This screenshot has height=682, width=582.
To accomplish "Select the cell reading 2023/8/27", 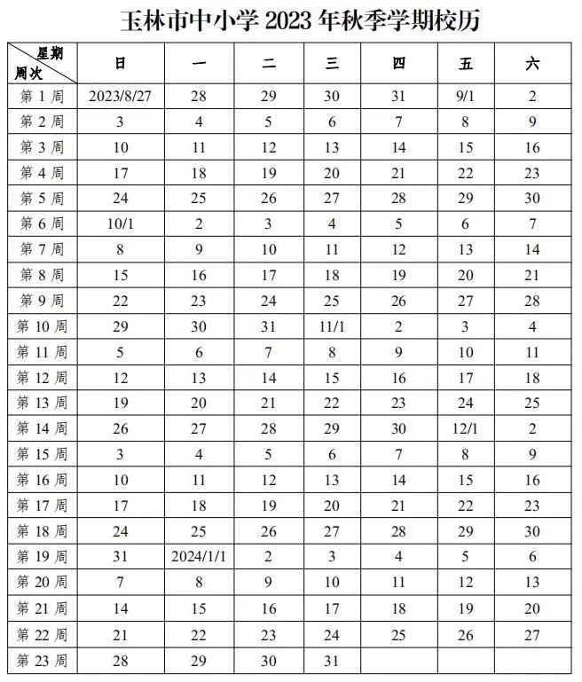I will [x=121, y=96].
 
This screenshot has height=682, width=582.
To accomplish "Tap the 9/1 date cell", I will [x=466, y=96].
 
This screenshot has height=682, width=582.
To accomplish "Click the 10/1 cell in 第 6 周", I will [x=121, y=224].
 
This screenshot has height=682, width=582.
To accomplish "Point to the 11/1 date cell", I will [x=332, y=327].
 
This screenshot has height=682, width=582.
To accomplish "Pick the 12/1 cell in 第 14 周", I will [x=466, y=429].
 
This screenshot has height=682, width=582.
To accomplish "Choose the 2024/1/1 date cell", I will [x=200, y=557].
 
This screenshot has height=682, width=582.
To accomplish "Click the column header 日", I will [x=121, y=62].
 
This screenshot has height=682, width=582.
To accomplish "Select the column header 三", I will [x=332, y=62].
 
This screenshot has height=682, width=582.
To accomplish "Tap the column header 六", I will [x=531, y=62].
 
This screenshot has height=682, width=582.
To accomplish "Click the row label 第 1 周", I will [x=43, y=96].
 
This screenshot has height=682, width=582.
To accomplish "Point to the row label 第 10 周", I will [x=43, y=327].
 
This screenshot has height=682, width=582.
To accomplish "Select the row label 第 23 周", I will [x=43, y=661].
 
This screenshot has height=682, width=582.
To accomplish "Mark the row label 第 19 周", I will [x=43, y=557].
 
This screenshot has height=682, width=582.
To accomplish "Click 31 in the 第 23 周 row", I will [x=332, y=661].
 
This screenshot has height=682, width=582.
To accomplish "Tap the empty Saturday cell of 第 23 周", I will [x=531, y=661].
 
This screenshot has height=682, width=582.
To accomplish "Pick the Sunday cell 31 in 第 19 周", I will [x=121, y=557].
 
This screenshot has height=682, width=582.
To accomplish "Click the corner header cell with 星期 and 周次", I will [x=43, y=62].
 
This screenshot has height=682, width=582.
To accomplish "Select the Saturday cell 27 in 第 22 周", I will [x=531, y=635].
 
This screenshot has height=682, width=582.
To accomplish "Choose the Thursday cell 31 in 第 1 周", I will [x=398, y=96].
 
